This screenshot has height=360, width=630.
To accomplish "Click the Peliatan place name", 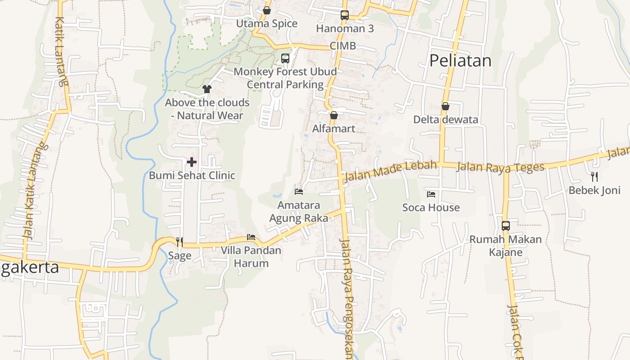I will point(460,60).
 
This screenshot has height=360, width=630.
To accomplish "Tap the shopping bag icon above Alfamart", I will point(334,116).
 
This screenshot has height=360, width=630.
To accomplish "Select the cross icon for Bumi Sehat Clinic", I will point(192,162).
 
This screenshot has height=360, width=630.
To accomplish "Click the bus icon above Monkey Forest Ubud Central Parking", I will point(285,58).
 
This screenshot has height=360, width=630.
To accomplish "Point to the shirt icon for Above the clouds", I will point(207,89).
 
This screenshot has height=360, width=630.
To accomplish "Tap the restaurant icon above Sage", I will point(180,242).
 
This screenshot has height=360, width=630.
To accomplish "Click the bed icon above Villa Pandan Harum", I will point(251,237).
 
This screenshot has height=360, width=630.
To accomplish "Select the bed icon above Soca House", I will point(431,194).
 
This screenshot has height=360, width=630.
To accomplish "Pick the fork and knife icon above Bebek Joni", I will point(594,176).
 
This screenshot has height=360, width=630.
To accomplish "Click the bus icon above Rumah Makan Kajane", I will point(506,225).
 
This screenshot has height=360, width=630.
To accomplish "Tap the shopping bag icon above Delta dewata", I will point(445,107).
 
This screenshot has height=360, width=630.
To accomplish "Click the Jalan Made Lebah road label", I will point(390,171).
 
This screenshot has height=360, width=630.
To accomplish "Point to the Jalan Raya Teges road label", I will point(500,167).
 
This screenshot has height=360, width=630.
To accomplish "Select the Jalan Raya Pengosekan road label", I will point(347,297).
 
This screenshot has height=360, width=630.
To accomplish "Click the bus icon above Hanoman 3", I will point(345,15).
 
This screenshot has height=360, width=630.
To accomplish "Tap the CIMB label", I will point(342,45).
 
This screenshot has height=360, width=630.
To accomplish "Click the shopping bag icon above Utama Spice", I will point(267,10).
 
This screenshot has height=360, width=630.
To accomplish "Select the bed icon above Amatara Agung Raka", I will point(299,192).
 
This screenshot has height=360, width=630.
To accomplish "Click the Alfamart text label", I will point(334,129).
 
